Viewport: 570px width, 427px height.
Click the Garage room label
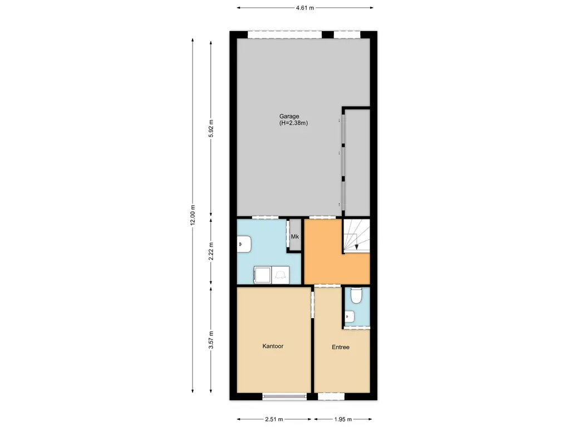point(289,116)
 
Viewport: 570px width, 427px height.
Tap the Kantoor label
point(273,346)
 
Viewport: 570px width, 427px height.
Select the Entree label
point(341,347)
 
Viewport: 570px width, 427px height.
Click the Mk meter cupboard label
point(295,237)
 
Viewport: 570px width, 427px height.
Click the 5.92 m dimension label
point(211,131)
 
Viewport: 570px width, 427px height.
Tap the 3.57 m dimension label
point(211,340)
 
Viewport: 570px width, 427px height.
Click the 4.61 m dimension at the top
point(305,8)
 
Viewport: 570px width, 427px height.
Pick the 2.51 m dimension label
point(273,419)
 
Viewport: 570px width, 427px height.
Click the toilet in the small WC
point(356,296)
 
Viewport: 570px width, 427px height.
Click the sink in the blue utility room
point(244,243)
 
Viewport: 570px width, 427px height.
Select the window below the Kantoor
point(284,396)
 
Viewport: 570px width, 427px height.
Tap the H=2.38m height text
point(293,123)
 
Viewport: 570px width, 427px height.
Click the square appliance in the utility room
point(262,274)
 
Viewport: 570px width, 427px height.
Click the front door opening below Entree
point(331,396)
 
